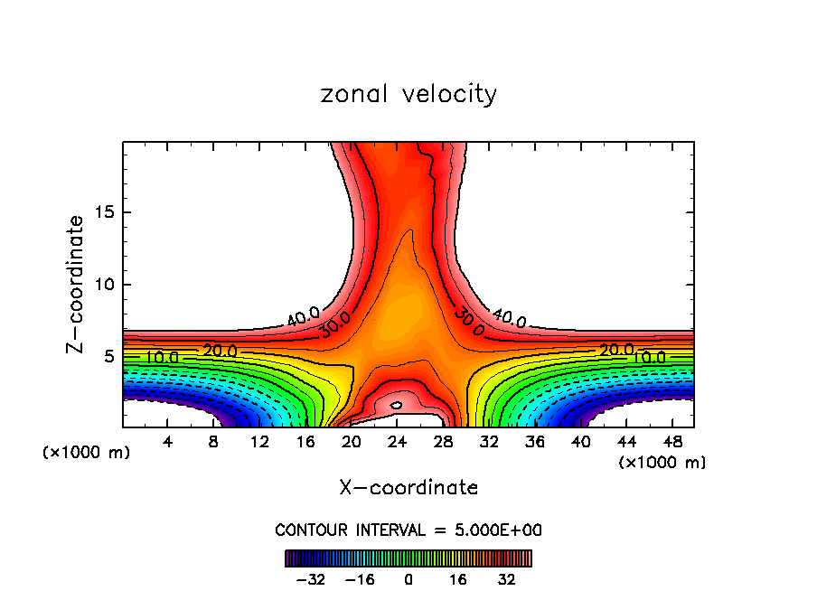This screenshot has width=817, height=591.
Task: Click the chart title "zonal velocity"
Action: [x=408, y=94]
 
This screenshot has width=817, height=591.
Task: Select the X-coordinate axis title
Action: [x=408, y=488]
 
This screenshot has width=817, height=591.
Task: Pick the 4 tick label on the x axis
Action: [x=167, y=442]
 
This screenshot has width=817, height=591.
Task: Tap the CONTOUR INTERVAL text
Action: [x=408, y=530]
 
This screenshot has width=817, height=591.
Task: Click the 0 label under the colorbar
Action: [x=408, y=579]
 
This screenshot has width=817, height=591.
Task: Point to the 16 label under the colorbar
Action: [x=458, y=579]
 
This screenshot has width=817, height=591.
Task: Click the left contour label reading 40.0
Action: [x=303, y=317]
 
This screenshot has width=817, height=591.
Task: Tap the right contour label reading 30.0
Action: [x=469, y=317]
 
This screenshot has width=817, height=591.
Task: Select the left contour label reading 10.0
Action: [x=162, y=358]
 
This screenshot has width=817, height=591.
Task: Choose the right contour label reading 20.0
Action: [x=616, y=350]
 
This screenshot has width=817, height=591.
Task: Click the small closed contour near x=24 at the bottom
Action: [x=396, y=406]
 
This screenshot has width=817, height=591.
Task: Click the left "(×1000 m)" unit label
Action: [x=87, y=453]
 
